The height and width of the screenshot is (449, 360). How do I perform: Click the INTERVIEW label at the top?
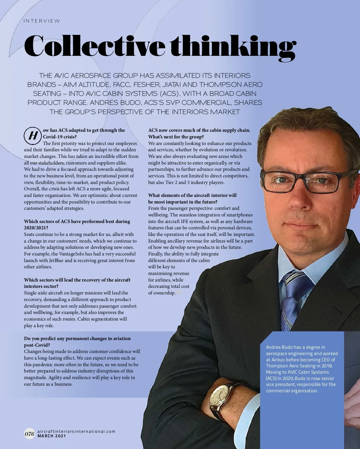click(x=42, y=21)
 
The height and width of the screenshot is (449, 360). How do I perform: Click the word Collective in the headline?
click(x=94, y=47)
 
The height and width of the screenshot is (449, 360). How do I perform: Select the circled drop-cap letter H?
click(x=32, y=136)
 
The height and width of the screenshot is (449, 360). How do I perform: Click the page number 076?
click(x=29, y=434)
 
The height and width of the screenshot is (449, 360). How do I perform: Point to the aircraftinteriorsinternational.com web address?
click(x=76, y=431)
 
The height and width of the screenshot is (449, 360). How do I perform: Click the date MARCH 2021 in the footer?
click(x=52, y=436)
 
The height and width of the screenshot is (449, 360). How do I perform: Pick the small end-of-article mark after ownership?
click(x=179, y=293)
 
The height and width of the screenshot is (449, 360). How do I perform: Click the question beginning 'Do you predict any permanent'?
click(x=77, y=339)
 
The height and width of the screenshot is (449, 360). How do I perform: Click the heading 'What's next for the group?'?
click(x=176, y=137)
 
